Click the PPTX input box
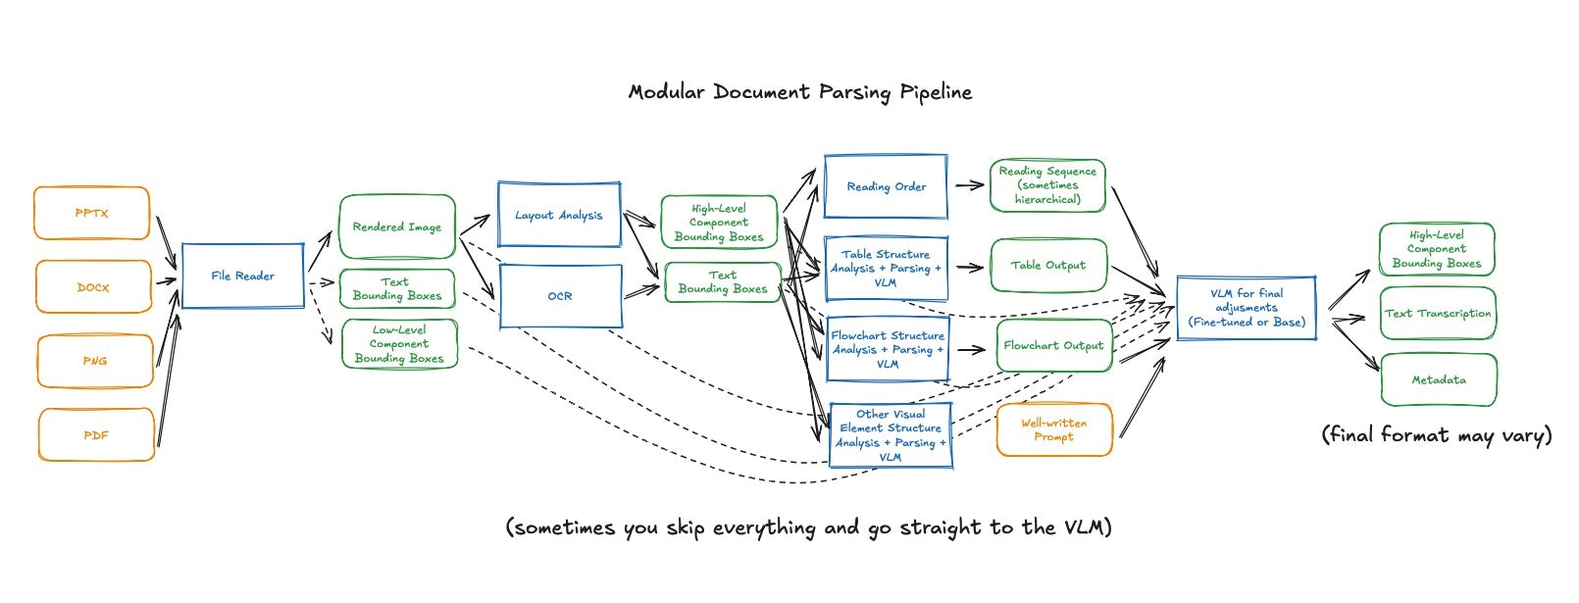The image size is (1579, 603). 92,213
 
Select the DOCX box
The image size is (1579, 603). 94,287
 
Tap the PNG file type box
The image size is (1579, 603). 95,361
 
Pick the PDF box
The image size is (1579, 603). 96,435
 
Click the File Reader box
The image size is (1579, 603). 243,276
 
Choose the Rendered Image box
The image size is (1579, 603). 397,226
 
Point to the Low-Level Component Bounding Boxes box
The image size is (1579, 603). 399,344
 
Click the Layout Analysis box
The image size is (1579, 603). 559,215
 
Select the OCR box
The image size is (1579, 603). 560,296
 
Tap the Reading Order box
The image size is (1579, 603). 886,186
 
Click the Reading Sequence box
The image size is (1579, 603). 1047,185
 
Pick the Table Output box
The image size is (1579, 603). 1047,265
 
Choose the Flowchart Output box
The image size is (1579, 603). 1053,345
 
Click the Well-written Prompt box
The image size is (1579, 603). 1054,429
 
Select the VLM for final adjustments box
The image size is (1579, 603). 1247,308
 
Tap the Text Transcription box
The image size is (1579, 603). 1438,314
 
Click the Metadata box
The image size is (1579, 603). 1439,379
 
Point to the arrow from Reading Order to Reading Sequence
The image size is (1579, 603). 969,185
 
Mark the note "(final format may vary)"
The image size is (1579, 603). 1437,435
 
